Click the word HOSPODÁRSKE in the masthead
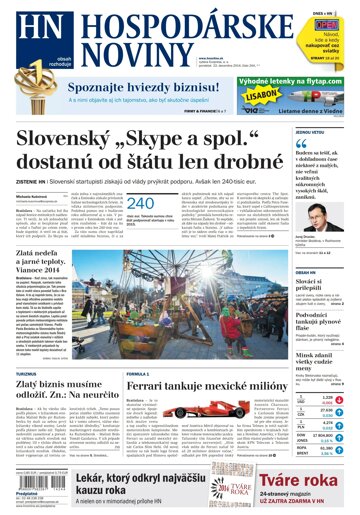tap(125, 22)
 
